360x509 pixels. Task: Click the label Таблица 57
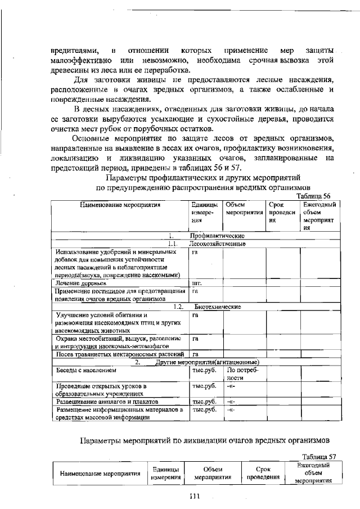(318, 456)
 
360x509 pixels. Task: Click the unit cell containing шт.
(197, 283)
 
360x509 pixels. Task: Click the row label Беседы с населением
(85, 371)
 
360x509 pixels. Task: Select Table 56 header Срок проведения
(282, 213)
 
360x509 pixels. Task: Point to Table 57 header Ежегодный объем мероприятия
(313, 473)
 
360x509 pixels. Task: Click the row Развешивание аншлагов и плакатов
(106, 402)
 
